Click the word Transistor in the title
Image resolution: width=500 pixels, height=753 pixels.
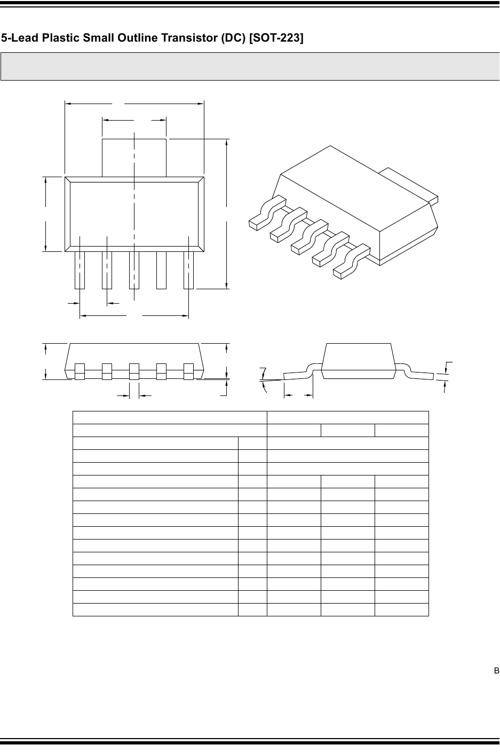(x=189, y=38)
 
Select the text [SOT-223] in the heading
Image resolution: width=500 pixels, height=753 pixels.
(x=276, y=38)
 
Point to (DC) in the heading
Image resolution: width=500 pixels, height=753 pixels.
(x=233, y=38)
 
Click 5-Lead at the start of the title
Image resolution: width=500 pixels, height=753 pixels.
(x=20, y=38)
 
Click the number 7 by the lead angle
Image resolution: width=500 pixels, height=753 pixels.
(x=263, y=372)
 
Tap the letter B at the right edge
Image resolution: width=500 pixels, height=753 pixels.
(x=496, y=671)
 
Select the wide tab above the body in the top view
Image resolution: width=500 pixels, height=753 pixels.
(x=134, y=157)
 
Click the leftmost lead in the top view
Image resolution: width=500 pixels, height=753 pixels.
(x=80, y=270)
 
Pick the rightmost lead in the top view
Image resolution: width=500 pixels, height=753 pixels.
(x=188, y=270)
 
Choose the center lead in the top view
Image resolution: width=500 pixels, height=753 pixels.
(x=134, y=270)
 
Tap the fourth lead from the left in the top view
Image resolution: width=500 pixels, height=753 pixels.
(x=161, y=270)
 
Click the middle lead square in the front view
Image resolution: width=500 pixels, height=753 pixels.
(x=134, y=371)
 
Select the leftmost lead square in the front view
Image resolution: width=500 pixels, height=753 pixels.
(x=80, y=371)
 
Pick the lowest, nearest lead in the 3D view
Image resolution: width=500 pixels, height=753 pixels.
(x=352, y=261)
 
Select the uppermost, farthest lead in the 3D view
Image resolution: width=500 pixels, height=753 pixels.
(x=267, y=213)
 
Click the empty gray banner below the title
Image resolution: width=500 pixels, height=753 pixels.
(x=250, y=66)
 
